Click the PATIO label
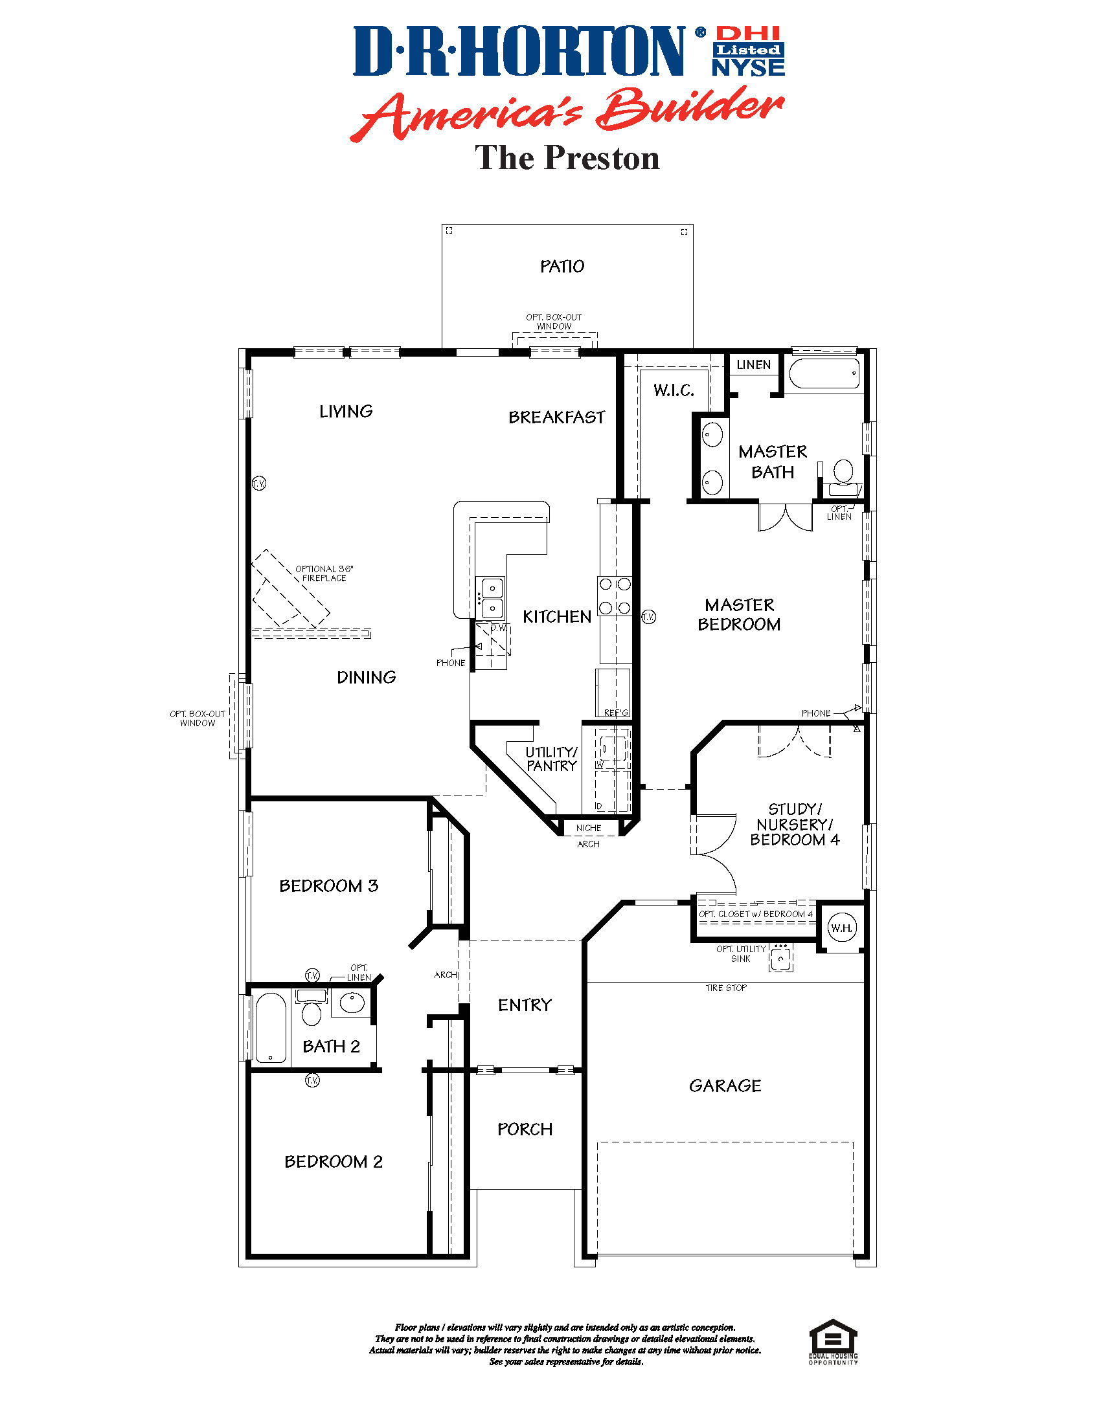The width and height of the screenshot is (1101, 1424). (562, 266)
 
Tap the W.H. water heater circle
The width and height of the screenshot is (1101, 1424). (841, 928)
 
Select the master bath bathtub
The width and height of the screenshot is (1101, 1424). (824, 374)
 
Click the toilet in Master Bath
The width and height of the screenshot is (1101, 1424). (843, 472)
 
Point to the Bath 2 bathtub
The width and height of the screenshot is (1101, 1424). (271, 1029)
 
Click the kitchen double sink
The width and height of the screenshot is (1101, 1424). (492, 598)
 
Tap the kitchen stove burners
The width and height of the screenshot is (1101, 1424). (615, 596)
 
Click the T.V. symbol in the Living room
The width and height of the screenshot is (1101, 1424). (259, 483)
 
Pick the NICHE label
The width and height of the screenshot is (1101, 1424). (588, 828)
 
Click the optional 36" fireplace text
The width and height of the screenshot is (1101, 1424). (324, 573)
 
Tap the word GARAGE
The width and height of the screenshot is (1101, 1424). (725, 1085)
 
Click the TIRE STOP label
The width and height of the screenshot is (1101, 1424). (726, 988)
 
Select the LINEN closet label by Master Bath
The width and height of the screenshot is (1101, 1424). (753, 365)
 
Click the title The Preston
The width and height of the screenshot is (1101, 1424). (567, 159)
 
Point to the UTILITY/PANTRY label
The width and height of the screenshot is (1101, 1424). (551, 759)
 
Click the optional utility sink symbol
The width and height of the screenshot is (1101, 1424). (781, 958)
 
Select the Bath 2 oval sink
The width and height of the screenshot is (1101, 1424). (352, 1002)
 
